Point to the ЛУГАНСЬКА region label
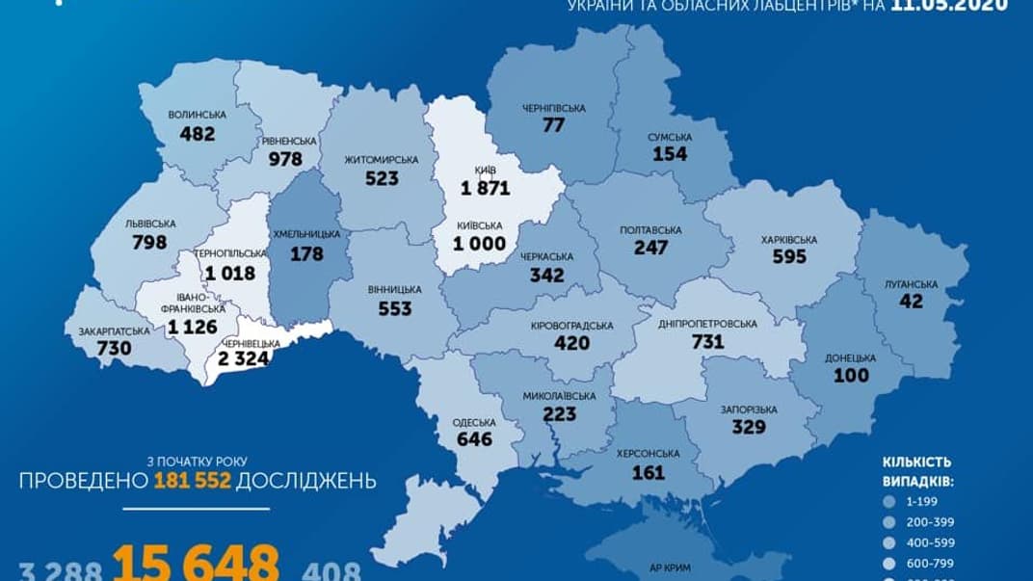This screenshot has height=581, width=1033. coord(911,283)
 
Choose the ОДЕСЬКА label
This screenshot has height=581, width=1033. coord(474,422)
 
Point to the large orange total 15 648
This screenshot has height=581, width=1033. coord(198,564)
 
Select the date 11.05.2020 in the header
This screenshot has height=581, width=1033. coord(949,5)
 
